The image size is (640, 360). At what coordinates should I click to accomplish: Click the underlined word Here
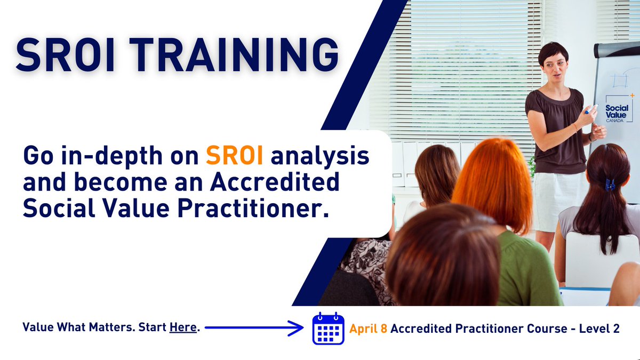[183, 327]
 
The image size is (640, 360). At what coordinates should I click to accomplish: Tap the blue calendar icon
[328, 329]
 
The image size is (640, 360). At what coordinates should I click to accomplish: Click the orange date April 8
[368, 329]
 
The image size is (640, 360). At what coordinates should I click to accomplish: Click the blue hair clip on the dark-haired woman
[610, 185]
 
